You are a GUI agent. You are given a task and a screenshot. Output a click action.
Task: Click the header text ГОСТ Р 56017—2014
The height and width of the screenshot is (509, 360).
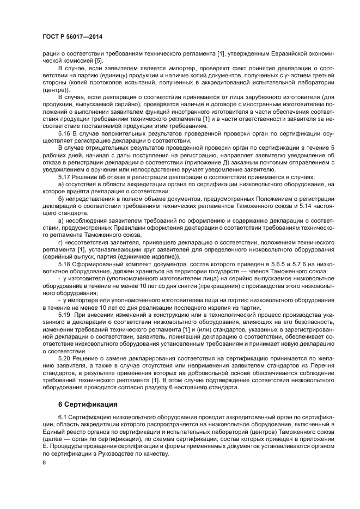point(72,36)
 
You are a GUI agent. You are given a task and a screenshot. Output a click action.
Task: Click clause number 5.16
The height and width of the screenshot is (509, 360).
point(65,133)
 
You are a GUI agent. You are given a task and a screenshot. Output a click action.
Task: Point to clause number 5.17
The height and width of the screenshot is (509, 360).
point(65,177)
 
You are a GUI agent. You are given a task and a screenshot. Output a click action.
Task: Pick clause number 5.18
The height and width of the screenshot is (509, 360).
point(65,264)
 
